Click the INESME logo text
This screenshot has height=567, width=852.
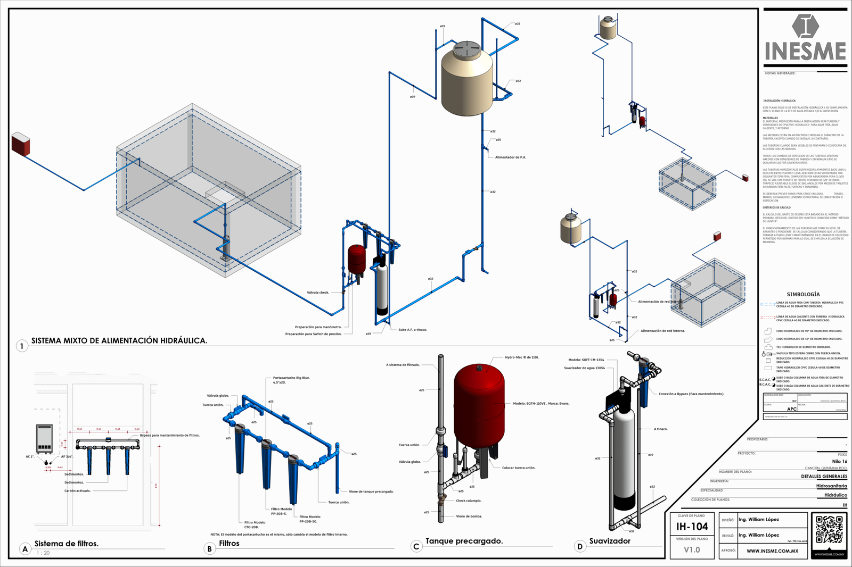805,52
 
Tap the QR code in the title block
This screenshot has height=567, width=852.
829,529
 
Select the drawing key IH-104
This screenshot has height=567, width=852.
692,527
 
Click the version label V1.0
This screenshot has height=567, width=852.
692,549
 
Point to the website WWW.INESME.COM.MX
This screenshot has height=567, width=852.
772,551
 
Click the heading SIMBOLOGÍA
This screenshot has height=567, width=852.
803,294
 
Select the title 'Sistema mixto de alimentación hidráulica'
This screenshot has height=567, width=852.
119,340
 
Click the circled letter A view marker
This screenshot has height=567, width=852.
24,549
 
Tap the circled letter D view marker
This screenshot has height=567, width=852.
579,546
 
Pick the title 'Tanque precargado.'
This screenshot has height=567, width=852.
464,541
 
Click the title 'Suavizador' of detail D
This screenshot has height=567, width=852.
610,541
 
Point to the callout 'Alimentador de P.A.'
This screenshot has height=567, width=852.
510,157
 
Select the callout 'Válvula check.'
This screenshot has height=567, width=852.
318,293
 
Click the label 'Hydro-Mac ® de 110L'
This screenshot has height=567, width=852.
521,357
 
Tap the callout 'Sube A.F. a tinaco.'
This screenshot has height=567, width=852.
413,330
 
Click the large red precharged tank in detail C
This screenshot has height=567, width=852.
479,404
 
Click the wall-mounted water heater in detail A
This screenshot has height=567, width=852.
44,438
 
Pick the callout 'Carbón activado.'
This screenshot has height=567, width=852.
78,491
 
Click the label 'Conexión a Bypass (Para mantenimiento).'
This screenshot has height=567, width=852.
691,394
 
